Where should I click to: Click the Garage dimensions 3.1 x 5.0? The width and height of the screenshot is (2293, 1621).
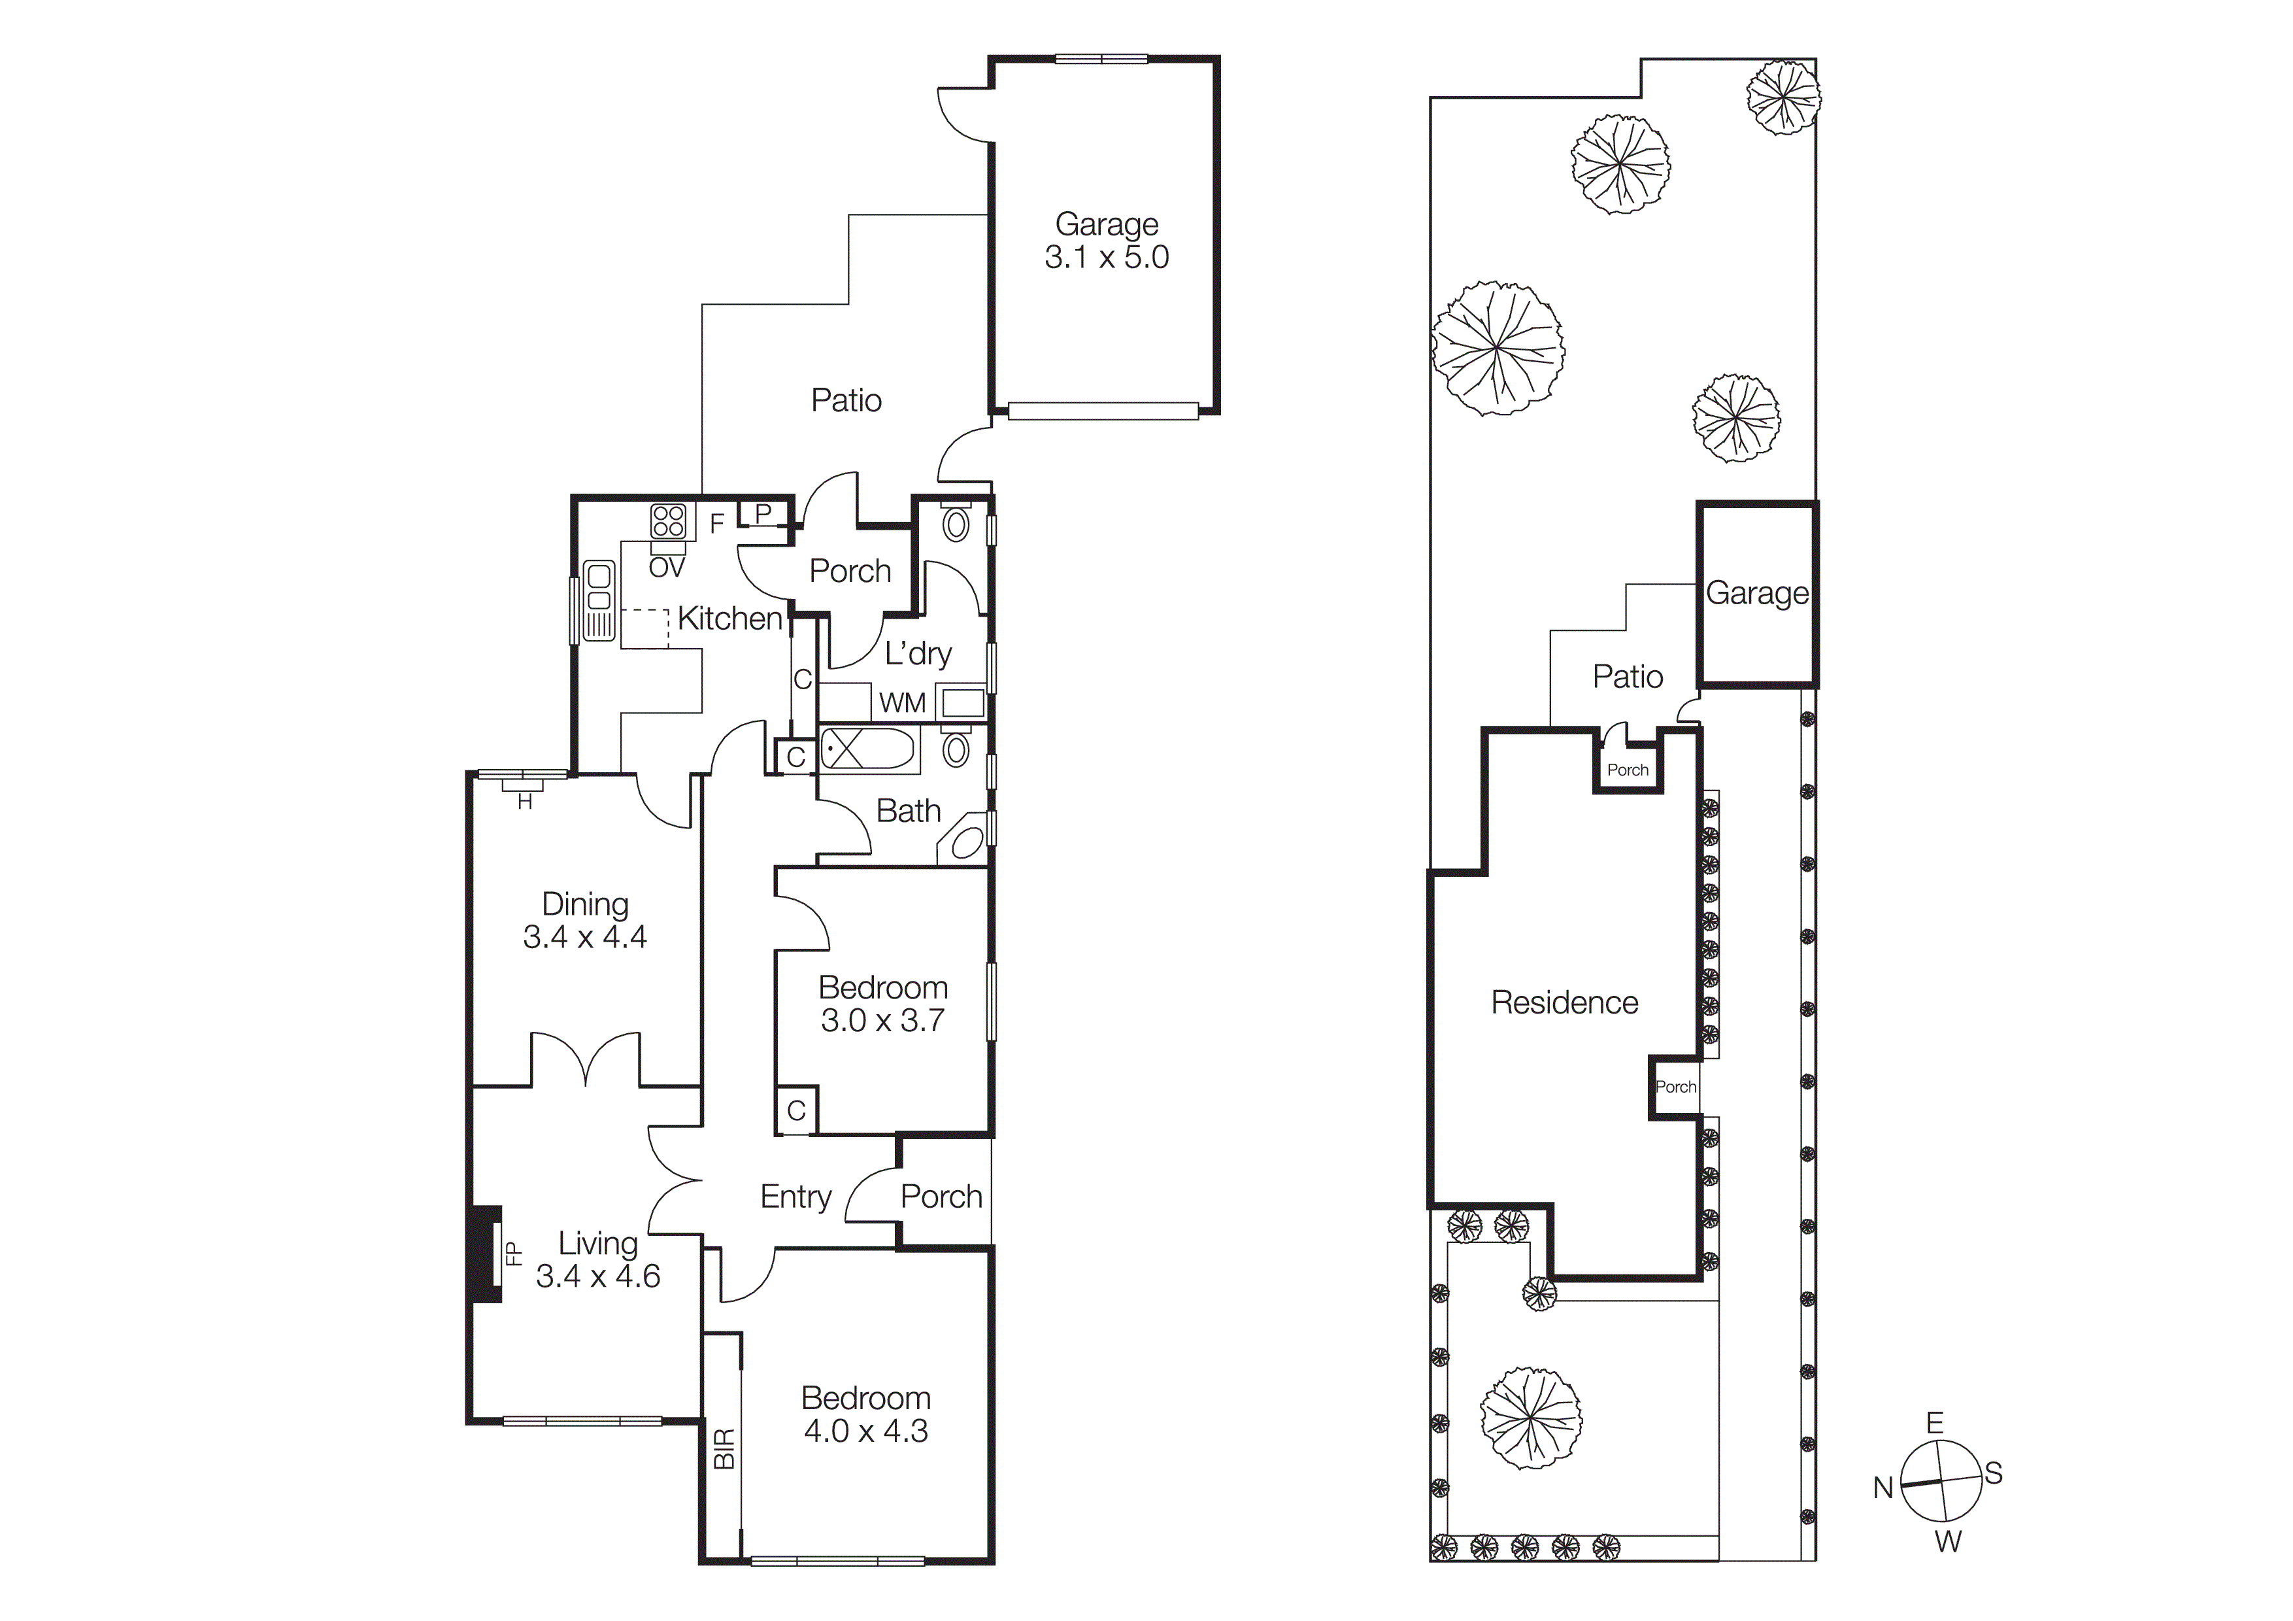1107,258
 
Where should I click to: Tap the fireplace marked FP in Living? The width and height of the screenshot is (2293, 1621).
488,1254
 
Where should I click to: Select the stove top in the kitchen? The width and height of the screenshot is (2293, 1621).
668,521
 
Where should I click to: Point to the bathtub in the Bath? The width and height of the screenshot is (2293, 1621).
867,749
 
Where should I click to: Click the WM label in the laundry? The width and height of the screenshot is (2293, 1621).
902,703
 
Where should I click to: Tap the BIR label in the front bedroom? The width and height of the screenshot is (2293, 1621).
724,1448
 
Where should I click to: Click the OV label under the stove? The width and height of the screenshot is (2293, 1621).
667,568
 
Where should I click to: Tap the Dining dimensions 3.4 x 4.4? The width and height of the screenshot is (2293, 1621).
585,937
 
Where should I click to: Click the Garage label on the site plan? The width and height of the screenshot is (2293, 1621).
1757,593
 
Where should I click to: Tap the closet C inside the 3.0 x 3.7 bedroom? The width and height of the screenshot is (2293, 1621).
796,1110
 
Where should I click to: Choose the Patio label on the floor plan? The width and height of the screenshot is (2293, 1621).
846,400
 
